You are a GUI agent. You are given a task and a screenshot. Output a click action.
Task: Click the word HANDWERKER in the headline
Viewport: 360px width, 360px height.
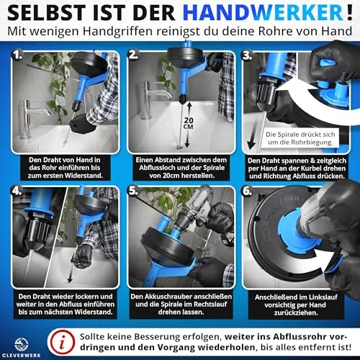(263, 13)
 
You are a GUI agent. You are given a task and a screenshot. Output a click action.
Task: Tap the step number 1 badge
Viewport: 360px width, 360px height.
(17, 55)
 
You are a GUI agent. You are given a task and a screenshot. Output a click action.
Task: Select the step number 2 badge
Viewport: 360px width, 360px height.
(133, 55)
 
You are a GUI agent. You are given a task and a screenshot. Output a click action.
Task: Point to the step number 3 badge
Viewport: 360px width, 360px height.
(247, 55)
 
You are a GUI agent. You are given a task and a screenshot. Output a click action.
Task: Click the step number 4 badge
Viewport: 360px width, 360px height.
(17, 191)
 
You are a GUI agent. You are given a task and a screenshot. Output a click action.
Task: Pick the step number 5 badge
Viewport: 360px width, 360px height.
(133, 191)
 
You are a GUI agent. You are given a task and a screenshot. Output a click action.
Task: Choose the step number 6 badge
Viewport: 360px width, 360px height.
(248, 191)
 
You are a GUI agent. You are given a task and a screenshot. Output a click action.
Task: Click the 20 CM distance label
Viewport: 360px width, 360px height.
(189, 123)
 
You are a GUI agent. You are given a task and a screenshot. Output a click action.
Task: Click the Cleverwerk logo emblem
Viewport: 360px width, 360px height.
(22, 344)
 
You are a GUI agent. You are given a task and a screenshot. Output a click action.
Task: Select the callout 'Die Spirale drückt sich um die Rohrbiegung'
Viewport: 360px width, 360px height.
(300, 138)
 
